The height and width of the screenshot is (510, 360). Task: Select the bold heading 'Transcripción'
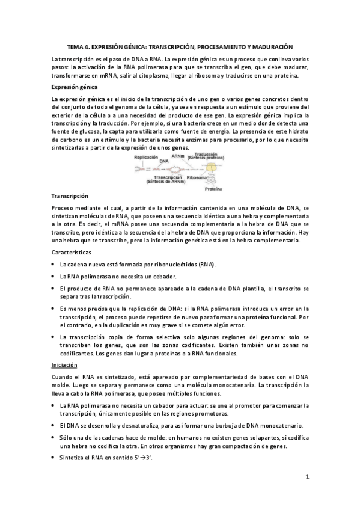pos(70,195)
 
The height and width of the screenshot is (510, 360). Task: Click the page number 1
pos(307,477)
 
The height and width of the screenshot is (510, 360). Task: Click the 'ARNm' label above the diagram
pos(178,155)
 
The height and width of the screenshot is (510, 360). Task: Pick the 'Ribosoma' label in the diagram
pos(197,178)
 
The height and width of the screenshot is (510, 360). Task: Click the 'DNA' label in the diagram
pos(163,162)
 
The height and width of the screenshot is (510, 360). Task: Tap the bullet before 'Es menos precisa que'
pos(54,308)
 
